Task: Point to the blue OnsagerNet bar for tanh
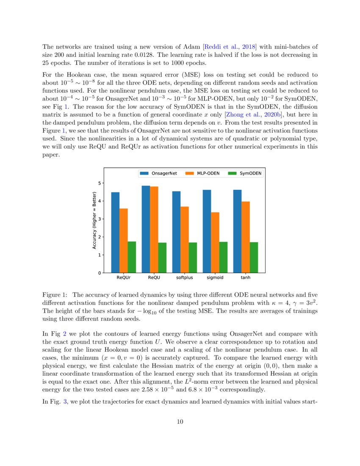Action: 237,231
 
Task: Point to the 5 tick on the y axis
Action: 100,183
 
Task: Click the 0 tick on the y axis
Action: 100,273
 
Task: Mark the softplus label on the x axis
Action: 184,278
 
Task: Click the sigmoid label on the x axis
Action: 215,278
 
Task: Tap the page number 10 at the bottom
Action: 180,421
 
